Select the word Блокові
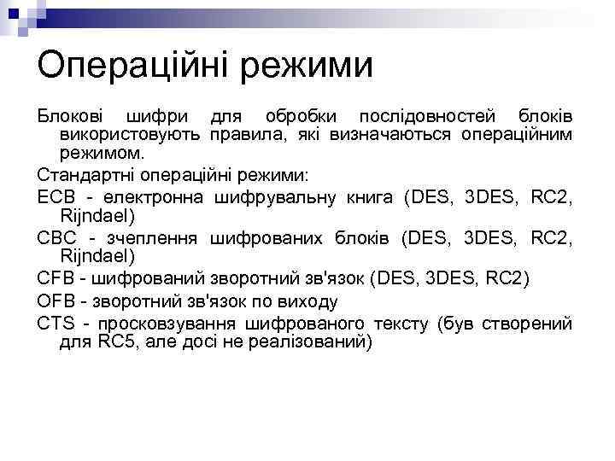click(x=73, y=116)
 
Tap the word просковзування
click(x=166, y=324)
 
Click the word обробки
click(x=300, y=116)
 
